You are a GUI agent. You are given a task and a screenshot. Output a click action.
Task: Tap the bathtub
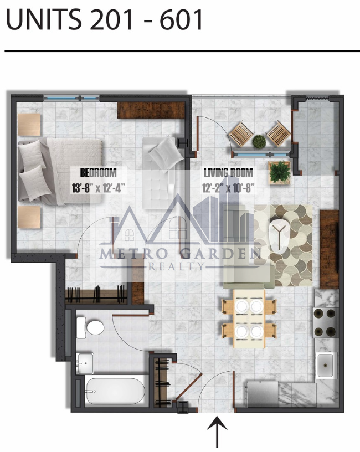[x=115, y=391]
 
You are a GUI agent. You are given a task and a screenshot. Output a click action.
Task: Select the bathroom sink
[x=85, y=363]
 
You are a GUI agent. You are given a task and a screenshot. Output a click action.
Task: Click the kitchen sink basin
[x=326, y=365]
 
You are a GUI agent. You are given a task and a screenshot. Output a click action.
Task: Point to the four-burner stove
[x=326, y=322]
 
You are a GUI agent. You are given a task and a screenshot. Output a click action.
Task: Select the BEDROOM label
[x=98, y=173]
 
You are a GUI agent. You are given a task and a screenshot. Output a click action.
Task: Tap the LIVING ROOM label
[x=228, y=173]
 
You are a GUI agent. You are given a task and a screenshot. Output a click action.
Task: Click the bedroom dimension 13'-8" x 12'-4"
[x=98, y=188]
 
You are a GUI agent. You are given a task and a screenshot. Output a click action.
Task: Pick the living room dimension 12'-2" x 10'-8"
[x=228, y=188]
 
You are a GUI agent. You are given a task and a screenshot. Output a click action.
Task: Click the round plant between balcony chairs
[x=259, y=142]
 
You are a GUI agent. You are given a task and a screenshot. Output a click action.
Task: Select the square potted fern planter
[x=280, y=172]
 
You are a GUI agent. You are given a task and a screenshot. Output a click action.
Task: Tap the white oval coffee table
[x=279, y=237]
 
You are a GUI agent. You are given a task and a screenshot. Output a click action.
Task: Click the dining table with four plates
[x=249, y=319]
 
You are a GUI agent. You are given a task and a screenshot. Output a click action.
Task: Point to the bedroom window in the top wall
[x=71, y=98]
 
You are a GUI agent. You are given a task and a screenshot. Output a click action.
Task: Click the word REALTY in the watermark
[x=176, y=266]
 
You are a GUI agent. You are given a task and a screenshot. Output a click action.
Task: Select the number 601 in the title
[x=181, y=19]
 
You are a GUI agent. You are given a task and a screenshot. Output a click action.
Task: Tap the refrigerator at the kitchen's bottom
[x=262, y=394]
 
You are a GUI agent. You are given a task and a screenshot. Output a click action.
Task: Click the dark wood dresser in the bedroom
[x=151, y=110]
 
